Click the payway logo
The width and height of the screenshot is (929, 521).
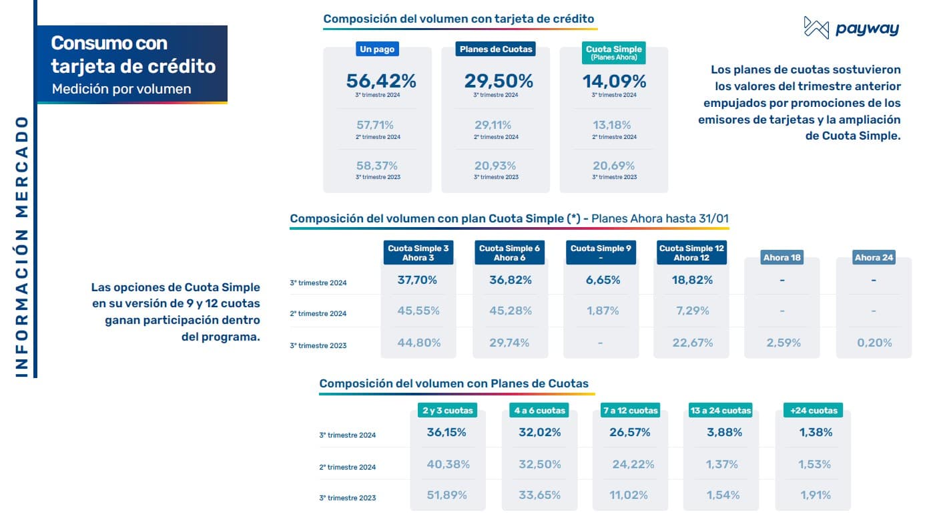(851, 28)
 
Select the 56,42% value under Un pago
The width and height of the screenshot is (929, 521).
(381, 81)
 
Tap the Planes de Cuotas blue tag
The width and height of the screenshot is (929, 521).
(496, 49)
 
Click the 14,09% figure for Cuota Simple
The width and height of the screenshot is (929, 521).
(614, 81)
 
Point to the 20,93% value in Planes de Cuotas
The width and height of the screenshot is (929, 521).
(496, 166)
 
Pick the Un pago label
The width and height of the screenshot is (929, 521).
(378, 49)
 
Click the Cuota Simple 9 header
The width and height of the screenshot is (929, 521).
(601, 252)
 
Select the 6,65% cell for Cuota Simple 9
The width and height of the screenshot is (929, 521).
(601, 280)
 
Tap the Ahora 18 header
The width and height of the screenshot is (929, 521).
(782, 257)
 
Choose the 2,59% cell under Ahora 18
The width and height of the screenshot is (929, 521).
(783, 343)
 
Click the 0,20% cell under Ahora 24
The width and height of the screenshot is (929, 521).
(874, 343)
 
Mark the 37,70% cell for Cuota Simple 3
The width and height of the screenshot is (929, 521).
(418, 280)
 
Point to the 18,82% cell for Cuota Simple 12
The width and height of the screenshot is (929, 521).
(692, 280)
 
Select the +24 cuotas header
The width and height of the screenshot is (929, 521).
(813, 410)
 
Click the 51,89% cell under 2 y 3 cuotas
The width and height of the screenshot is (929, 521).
(447, 495)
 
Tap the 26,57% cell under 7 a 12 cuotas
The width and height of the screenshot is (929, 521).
(629, 432)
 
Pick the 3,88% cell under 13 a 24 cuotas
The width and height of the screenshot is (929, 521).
(724, 432)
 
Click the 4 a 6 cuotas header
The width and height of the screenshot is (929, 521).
(539, 410)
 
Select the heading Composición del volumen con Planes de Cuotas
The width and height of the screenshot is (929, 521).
(454, 383)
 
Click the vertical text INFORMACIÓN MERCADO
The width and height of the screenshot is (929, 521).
(21, 247)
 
